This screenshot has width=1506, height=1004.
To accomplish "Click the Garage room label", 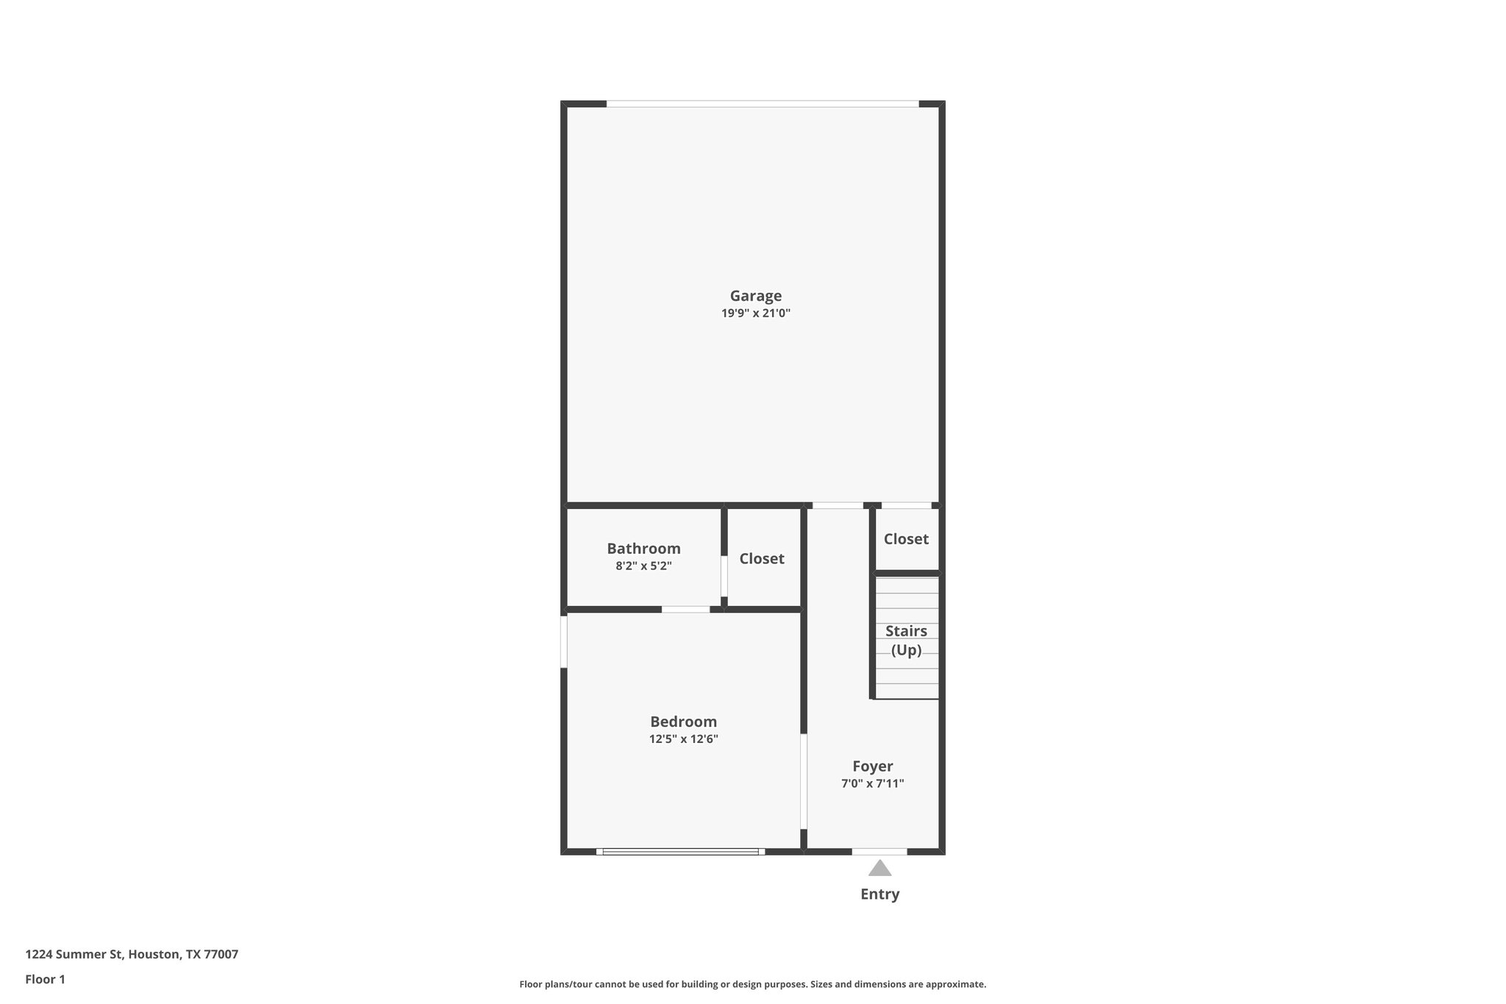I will [755, 296].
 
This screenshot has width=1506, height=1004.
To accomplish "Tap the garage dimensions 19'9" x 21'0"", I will [755, 313].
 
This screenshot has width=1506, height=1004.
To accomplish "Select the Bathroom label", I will [643, 549].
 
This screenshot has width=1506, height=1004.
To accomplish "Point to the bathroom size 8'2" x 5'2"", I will [643, 566].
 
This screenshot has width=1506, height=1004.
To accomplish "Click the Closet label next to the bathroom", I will [762, 559].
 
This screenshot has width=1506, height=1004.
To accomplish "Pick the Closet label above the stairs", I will [906, 539].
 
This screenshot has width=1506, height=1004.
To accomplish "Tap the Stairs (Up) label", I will [906, 641].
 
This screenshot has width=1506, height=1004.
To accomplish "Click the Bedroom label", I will [683, 722].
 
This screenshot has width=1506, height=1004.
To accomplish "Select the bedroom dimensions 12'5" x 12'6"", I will [683, 739].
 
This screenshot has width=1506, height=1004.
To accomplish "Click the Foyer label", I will [873, 766].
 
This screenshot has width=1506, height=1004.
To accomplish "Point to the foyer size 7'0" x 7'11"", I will [873, 784].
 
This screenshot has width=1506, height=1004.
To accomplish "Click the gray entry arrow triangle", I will [879, 869].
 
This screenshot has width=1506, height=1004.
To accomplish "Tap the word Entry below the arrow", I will [879, 894].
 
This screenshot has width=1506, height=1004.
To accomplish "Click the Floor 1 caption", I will [45, 980].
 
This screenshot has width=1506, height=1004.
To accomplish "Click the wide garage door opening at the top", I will [762, 104].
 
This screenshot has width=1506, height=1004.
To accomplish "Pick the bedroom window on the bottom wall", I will [680, 852].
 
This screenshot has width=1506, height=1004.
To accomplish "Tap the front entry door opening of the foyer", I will [879, 852].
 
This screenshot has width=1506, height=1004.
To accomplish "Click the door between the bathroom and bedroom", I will [685, 609].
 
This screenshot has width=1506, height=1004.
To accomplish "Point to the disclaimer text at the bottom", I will [752, 984].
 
